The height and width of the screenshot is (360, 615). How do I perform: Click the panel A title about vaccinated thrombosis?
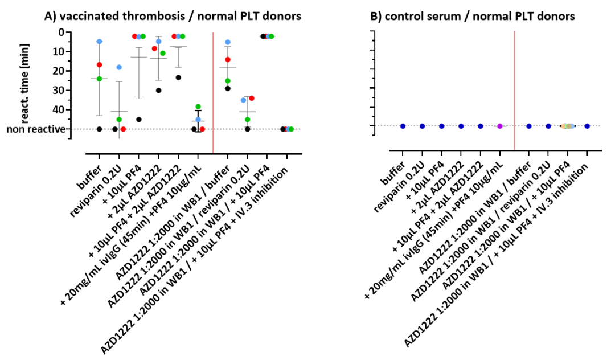(x=173, y=16)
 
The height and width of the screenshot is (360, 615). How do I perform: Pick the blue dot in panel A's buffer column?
(x=99, y=42)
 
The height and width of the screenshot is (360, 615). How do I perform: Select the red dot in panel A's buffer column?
(x=99, y=65)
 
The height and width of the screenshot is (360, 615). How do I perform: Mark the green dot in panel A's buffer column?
(x=99, y=79)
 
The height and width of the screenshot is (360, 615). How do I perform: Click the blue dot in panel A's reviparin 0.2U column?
(x=119, y=67)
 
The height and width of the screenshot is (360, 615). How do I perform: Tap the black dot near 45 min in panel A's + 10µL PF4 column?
(x=139, y=120)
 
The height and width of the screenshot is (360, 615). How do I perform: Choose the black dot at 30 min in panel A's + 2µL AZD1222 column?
(x=158, y=91)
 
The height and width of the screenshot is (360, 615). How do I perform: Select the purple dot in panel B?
(x=500, y=126)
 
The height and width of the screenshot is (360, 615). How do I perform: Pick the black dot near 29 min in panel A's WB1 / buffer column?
(x=228, y=88)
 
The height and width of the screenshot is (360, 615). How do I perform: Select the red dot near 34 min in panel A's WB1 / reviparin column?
(x=251, y=99)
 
